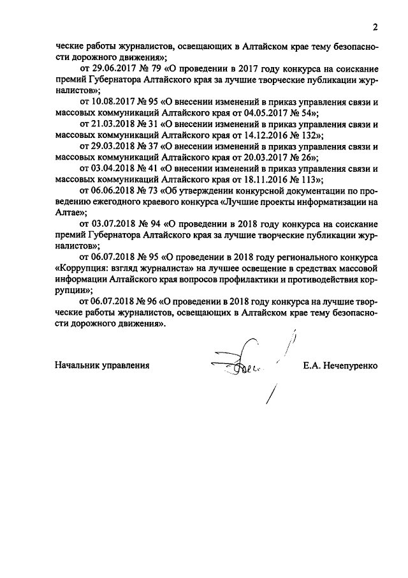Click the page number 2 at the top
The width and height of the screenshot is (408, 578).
tap(375, 27)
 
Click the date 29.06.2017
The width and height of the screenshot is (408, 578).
tap(112, 68)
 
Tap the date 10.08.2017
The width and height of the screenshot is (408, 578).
tap(112, 102)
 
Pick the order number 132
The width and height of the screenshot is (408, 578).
tap(310, 136)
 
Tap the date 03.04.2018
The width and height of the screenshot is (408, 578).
tap(112, 169)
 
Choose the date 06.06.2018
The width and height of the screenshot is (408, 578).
tap(112, 192)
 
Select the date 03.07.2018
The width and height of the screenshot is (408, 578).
tap(112, 225)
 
